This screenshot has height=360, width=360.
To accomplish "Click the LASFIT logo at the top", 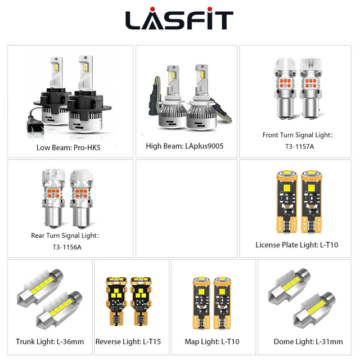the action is (x=179, y=19).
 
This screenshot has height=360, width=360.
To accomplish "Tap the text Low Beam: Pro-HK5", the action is (x=69, y=147).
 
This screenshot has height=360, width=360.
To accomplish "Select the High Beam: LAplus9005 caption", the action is (x=184, y=146).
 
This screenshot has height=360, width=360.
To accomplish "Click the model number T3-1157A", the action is (x=299, y=146).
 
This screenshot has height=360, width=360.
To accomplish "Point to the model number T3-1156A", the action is (x=67, y=247).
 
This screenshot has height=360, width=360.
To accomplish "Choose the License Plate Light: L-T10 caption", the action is (x=297, y=245).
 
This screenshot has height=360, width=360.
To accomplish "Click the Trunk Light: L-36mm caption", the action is (x=50, y=341).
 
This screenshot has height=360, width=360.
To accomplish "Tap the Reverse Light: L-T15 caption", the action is (x=128, y=341).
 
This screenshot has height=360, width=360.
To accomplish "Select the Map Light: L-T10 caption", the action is (x=212, y=341).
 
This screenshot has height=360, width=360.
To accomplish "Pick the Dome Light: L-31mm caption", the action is (x=308, y=341).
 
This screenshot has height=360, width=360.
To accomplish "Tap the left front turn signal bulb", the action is (x=285, y=88).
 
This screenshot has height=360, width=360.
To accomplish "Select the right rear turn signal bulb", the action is (x=82, y=199).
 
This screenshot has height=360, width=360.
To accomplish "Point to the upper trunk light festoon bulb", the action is (x=40, y=285).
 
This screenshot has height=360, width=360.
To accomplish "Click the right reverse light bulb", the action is (x=141, y=301).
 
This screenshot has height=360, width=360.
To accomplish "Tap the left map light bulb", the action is (x=201, y=303).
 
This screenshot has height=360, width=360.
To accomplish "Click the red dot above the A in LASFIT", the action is (x=152, y=9).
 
